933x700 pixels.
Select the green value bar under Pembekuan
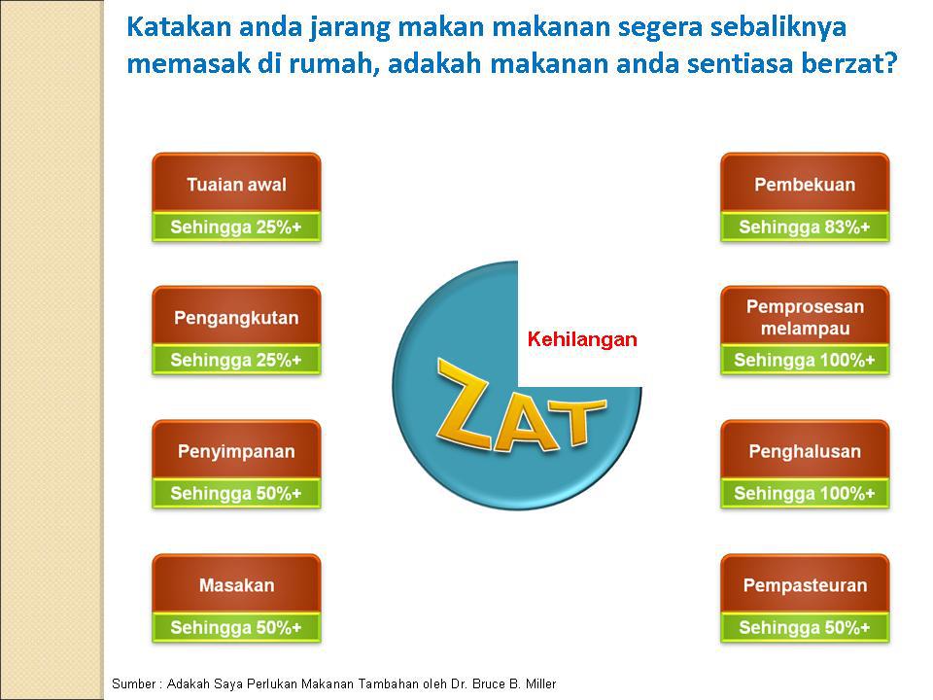tap(805, 227)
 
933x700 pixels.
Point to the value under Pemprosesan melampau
tap(805, 360)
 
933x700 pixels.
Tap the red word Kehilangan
tap(582, 339)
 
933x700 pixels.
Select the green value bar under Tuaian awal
tap(236, 227)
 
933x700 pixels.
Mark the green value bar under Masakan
tap(236, 627)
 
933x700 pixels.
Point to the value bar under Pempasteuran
tap(805, 627)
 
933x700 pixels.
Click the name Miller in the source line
tap(540, 683)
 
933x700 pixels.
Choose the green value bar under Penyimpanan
tap(236, 494)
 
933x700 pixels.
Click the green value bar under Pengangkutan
tap(236, 360)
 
